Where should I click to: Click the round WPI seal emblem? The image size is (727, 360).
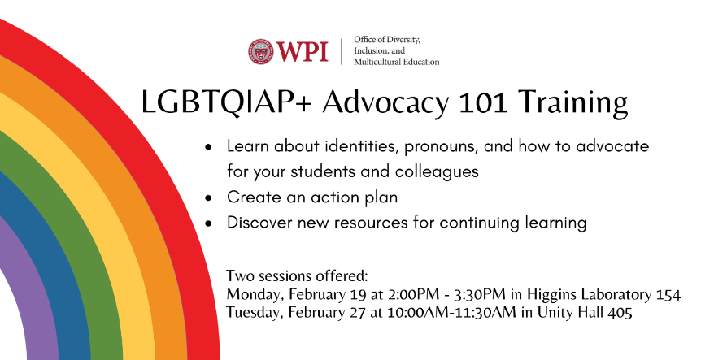[260, 51]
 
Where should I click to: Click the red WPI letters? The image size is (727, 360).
[303, 51]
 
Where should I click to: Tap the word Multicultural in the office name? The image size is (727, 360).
[375, 62]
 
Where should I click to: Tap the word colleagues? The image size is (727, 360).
[437, 172]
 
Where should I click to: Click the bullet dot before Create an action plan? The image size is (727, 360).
[209, 197]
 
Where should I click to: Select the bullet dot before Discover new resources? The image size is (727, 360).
[209, 223]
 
